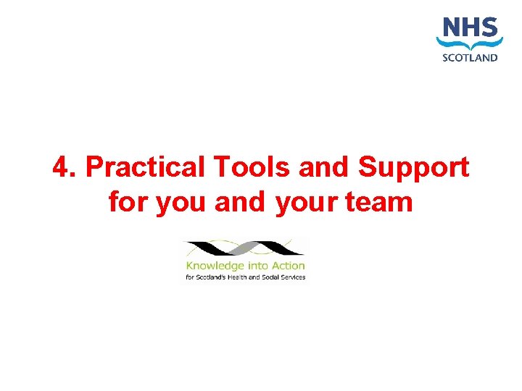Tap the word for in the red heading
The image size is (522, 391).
tap(128, 201)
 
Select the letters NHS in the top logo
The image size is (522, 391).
tap(470, 29)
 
